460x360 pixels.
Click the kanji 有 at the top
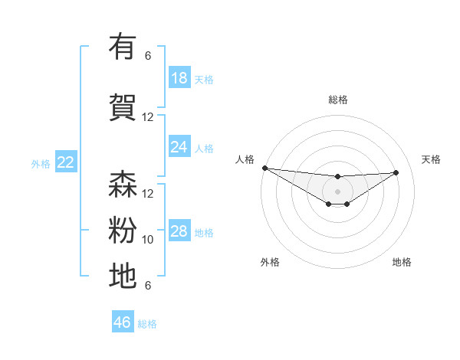point(123,47)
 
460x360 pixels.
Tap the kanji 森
point(123,185)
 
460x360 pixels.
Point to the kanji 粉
point(123,230)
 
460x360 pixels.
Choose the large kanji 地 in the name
point(123,276)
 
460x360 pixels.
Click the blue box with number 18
point(179,78)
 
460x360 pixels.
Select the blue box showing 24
point(179,147)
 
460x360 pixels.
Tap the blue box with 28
point(179,231)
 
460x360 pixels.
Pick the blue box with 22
point(66,162)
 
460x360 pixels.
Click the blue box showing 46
point(123,322)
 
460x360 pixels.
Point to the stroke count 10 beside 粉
point(148,240)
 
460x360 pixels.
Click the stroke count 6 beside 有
point(148,56)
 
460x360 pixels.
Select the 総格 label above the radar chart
point(337,100)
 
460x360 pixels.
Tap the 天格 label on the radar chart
point(431,159)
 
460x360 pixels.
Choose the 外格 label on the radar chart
point(270,262)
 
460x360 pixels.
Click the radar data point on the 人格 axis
point(264,168)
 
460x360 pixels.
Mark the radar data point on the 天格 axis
point(396,172)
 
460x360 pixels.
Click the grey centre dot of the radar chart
point(337,191)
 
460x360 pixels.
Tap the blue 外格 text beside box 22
point(40,163)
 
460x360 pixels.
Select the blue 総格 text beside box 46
point(147,324)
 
